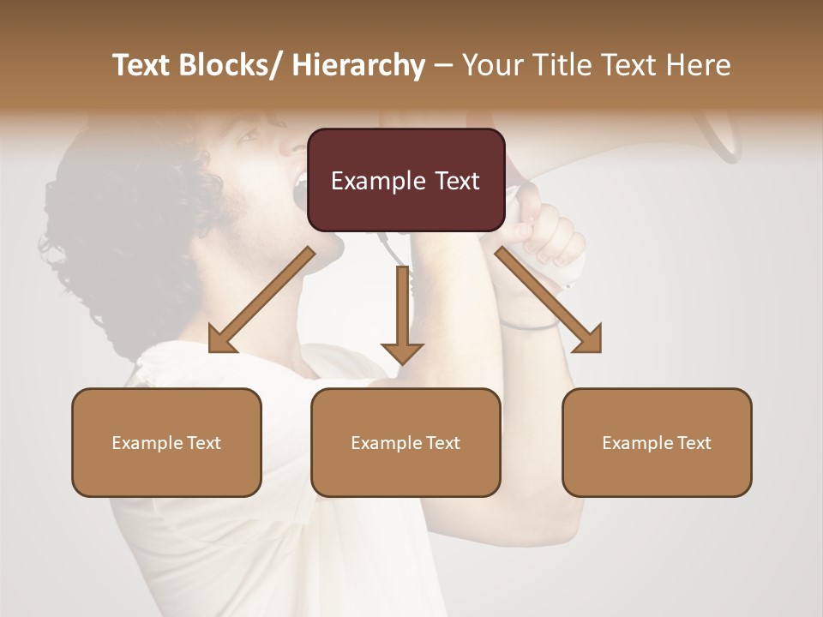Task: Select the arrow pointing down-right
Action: [550, 301]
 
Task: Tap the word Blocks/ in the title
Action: [231, 66]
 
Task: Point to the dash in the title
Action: [443, 66]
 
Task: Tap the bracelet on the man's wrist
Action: [527, 326]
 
